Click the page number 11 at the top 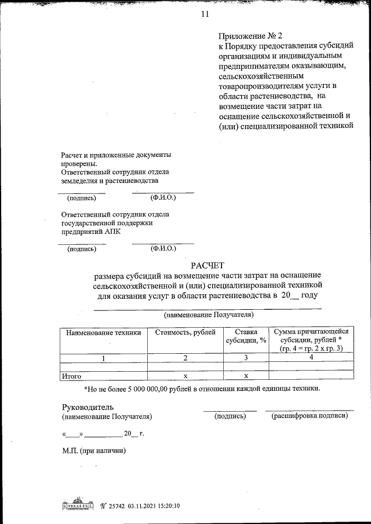tap(205, 14)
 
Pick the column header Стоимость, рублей tap(185, 332)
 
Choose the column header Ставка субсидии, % tap(246, 336)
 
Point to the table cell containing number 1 tap(104, 358)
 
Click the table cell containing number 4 tap(311, 358)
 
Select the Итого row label tap(71, 376)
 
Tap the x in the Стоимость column tap(185, 376)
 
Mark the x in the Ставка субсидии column tap(246, 376)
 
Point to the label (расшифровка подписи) tap(310, 416)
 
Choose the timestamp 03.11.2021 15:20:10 tap(155, 505)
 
